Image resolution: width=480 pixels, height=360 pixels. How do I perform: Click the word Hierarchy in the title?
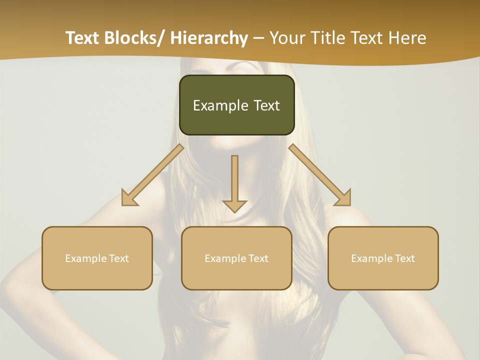(x=209, y=38)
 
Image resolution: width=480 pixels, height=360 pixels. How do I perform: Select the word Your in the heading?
(x=287, y=38)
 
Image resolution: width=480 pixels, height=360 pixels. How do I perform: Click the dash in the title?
(x=259, y=38)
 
